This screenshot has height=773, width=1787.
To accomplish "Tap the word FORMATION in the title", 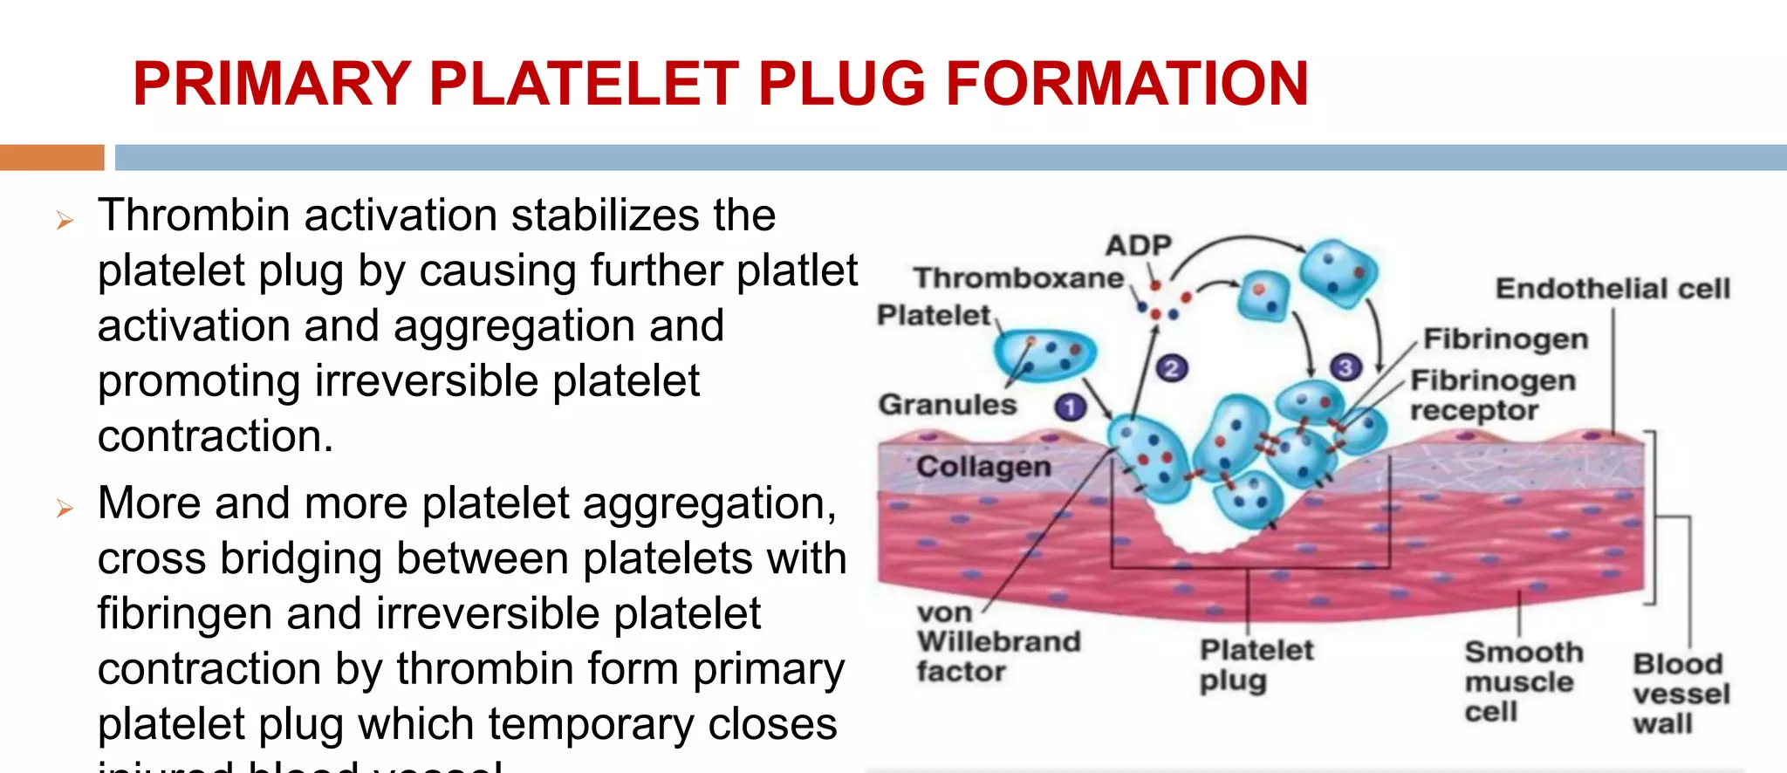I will (x=1126, y=84).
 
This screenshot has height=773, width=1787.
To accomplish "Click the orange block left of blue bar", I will (x=51, y=157).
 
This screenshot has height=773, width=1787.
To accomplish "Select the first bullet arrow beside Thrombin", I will (x=65, y=221).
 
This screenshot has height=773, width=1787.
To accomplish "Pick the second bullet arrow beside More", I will (x=65, y=508).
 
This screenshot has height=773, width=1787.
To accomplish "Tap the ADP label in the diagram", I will (x=1138, y=245).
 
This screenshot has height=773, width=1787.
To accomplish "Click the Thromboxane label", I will (x=1018, y=278).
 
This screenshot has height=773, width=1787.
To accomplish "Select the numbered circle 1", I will (x=1070, y=407).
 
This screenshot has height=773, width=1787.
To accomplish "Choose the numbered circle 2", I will (x=1171, y=369).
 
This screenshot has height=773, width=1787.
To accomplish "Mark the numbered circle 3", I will (x=1345, y=368).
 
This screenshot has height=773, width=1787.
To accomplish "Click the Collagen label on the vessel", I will (x=983, y=467).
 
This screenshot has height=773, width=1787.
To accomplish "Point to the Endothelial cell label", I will (x=1612, y=289).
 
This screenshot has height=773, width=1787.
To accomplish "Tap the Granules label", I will (x=948, y=405).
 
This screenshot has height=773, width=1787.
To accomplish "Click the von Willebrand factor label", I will (x=997, y=642).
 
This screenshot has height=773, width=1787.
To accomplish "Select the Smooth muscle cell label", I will (x=1523, y=681).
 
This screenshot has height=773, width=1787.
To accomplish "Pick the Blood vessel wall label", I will (x=1681, y=694).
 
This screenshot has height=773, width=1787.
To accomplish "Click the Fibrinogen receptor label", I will (x=1492, y=395).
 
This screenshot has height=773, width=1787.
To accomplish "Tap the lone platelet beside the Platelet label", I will (x=1044, y=354).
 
